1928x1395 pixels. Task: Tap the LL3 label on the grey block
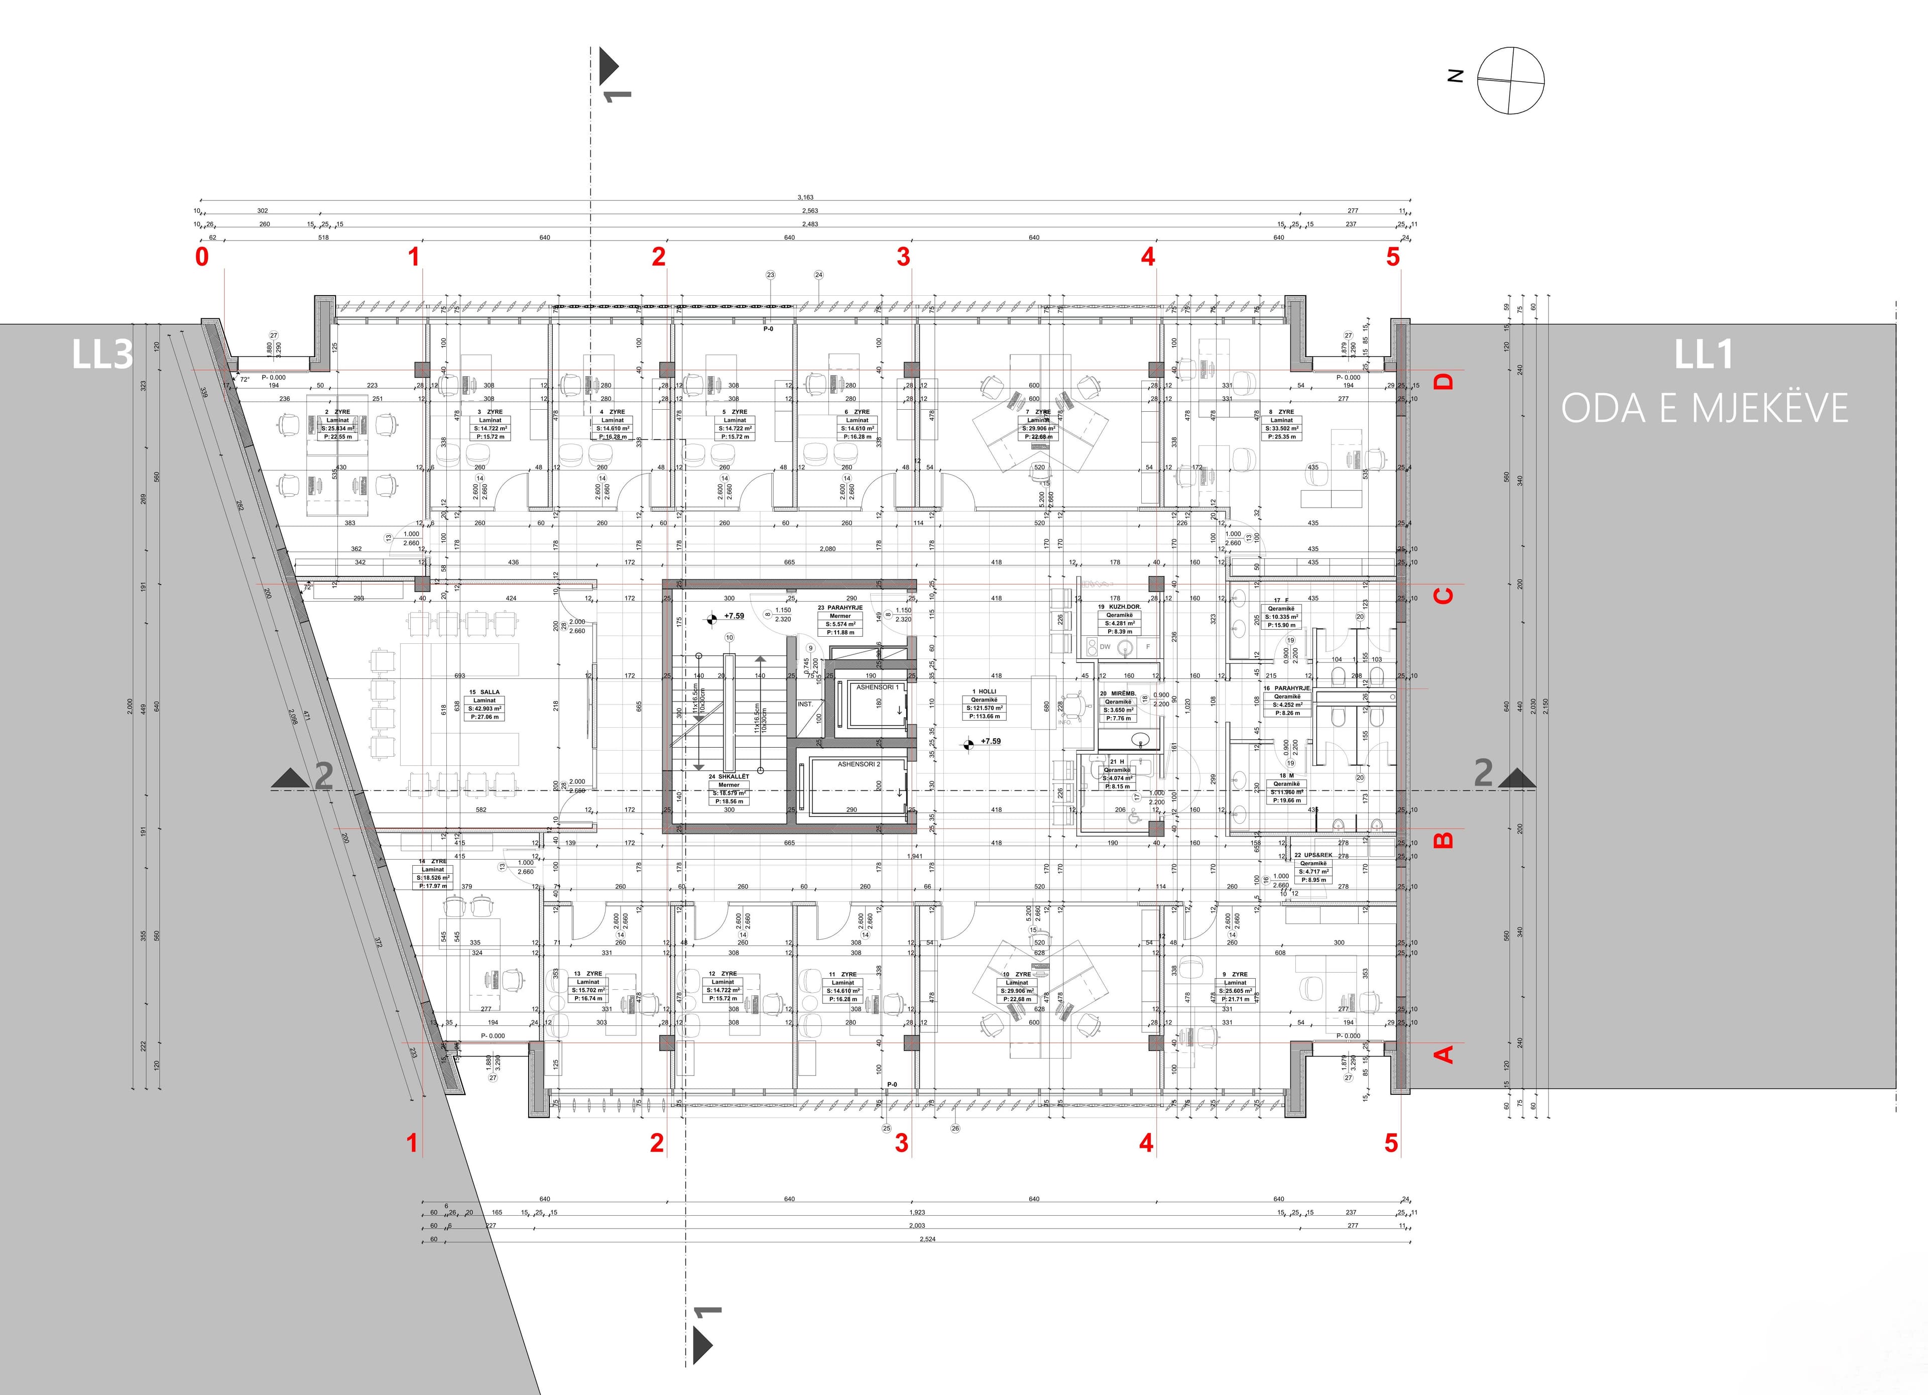(x=102, y=355)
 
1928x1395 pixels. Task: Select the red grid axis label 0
(x=201, y=257)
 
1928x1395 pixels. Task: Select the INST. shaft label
(x=805, y=704)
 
